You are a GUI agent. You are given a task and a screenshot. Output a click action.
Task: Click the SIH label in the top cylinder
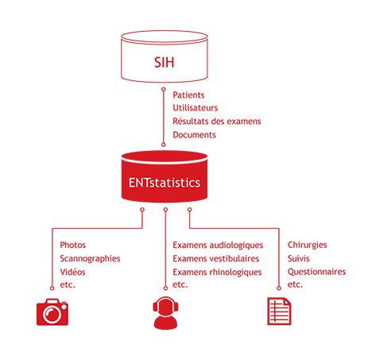tap(165, 63)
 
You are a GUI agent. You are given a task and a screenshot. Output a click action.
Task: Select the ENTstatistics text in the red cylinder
tap(165, 183)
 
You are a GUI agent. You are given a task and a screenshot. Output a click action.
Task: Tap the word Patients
tap(188, 95)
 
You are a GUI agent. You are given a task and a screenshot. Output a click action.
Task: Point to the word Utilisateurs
tap(196, 108)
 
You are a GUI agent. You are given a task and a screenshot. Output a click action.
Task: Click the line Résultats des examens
tap(217, 122)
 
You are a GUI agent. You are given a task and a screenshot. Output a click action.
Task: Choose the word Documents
tap(195, 135)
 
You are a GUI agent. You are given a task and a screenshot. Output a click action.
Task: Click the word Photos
tap(73, 245)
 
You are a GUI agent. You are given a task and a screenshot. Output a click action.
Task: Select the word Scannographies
tap(90, 259)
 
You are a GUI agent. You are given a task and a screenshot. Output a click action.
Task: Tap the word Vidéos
tap(72, 272)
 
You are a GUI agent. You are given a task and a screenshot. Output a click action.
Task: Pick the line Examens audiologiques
tap(218, 246)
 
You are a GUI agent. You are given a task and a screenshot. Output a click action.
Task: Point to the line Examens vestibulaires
tap(216, 258)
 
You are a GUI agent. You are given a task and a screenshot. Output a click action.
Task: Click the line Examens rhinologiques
tap(217, 273)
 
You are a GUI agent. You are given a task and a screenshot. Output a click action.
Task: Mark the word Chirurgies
tap(308, 245)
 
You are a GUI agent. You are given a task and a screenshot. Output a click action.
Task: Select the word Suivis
tap(299, 258)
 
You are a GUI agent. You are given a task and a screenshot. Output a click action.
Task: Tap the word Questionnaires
tap(317, 272)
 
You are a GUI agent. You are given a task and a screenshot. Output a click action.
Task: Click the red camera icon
tap(52, 312)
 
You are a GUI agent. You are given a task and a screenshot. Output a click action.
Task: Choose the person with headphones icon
tap(165, 313)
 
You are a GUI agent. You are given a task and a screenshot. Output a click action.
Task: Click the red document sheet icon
tap(279, 311)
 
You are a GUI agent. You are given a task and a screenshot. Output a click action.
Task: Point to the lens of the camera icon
tap(52, 315)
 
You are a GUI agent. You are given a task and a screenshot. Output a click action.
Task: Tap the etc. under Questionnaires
tap(295, 285)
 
